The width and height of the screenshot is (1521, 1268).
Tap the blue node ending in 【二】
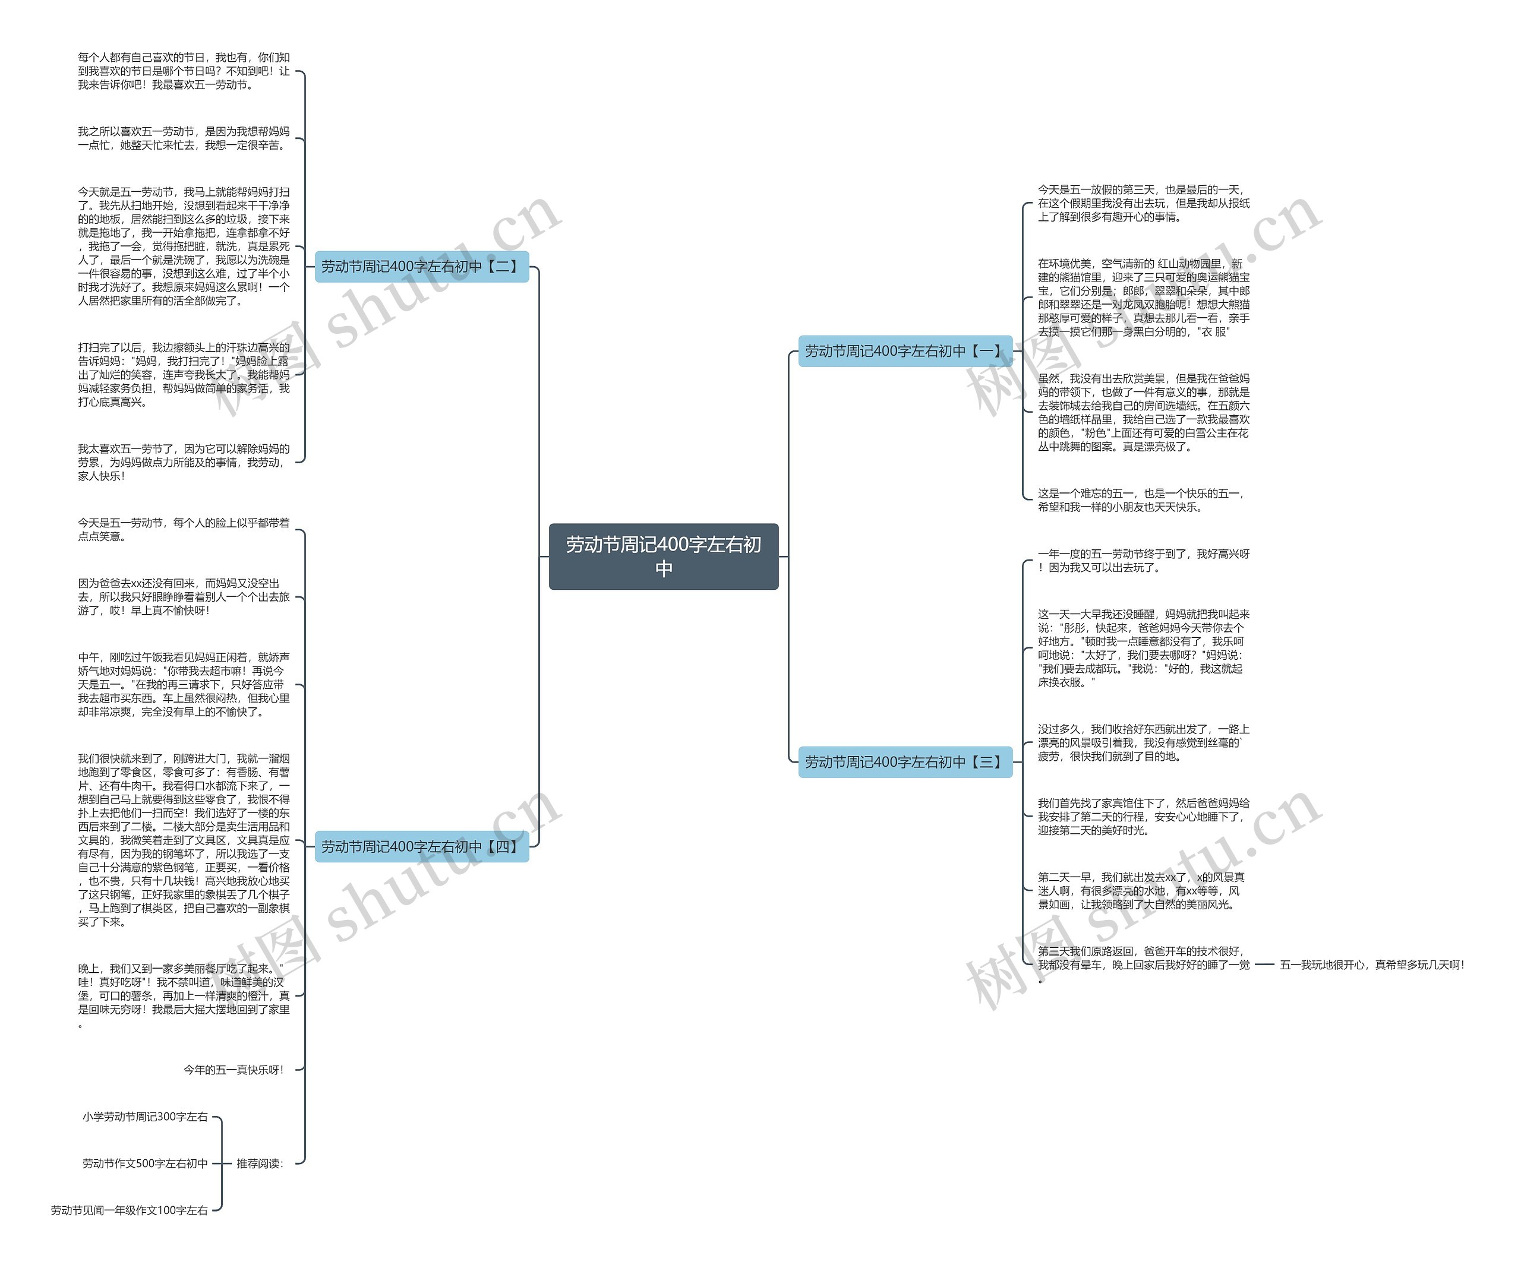(421, 267)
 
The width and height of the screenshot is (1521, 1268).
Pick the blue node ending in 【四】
(421, 846)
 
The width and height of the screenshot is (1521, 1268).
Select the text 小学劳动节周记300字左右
(145, 1117)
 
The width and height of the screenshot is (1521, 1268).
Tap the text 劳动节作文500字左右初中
(145, 1163)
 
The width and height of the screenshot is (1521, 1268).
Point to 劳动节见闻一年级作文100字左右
(129, 1210)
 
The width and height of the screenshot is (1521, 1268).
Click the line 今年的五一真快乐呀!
(234, 1070)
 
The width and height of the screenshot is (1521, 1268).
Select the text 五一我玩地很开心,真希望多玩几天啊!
(1372, 965)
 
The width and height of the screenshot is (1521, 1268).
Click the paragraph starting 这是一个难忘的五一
(1142, 499)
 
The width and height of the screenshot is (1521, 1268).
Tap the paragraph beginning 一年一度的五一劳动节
(1143, 561)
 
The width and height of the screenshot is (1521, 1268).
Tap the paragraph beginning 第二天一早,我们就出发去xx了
(1141, 891)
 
